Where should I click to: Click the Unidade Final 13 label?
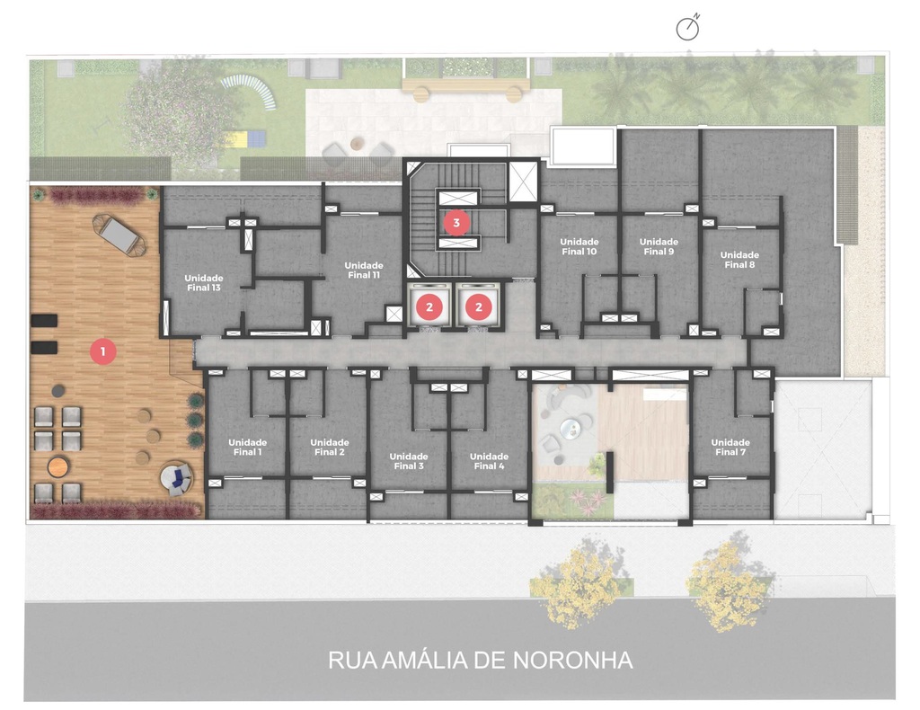click(x=204, y=283)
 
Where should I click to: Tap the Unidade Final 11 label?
click(x=364, y=270)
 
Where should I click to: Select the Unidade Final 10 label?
click(x=579, y=246)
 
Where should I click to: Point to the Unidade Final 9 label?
click(x=659, y=246)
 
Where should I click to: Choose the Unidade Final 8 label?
click(x=739, y=260)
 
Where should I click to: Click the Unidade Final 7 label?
click(x=730, y=448)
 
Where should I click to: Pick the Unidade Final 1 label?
click(x=248, y=448)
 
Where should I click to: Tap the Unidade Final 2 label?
click(x=330, y=448)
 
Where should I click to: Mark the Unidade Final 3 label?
click(x=409, y=461)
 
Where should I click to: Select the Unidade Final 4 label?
click(x=489, y=461)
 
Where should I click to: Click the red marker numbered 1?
click(x=103, y=351)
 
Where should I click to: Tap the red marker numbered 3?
click(x=456, y=223)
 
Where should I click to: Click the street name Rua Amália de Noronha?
click(x=481, y=661)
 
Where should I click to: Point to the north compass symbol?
click(x=687, y=28)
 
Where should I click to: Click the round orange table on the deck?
click(x=58, y=467)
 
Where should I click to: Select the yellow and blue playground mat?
click(x=243, y=139)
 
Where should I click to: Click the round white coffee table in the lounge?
click(x=569, y=429)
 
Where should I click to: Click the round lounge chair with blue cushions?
click(x=176, y=477)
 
